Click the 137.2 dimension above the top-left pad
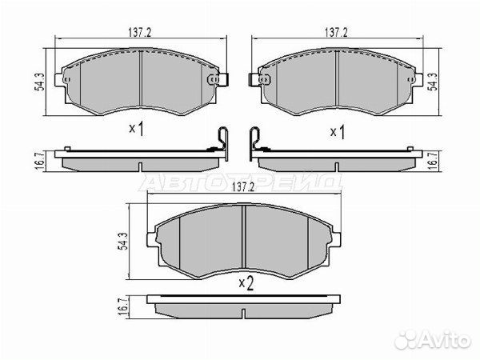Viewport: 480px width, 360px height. (139, 33)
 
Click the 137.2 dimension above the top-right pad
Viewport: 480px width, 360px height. (336, 33)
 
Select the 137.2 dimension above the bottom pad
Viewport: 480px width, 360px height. (244, 187)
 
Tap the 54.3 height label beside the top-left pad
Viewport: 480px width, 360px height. (39, 82)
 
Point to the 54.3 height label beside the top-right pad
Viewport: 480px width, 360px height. (433, 82)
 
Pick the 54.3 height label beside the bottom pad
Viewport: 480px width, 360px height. (123, 242)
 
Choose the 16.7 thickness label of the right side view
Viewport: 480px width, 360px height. (433, 161)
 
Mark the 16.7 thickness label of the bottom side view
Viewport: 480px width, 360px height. (123, 307)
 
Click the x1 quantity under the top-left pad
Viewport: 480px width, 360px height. (137, 129)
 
